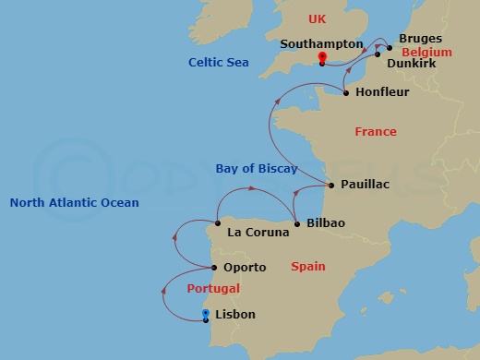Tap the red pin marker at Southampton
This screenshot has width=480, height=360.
tap(322, 59)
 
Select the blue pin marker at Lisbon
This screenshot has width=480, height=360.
tap(205, 315)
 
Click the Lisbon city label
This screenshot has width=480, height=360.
tap(234, 315)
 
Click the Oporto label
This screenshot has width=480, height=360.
tap(245, 268)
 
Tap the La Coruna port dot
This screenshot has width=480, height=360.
tap(217, 223)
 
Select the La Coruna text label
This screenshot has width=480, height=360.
tap(251, 232)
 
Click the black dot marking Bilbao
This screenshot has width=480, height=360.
tap(297, 224)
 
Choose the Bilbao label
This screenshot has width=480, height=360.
tap(325, 223)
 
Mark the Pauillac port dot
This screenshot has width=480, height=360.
tap(331, 185)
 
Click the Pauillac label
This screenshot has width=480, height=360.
tap(365, 185)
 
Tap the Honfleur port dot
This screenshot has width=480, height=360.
tap(345, 93)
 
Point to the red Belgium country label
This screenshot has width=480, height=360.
tap(426, 53)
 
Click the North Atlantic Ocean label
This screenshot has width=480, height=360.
tap(74, 203)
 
